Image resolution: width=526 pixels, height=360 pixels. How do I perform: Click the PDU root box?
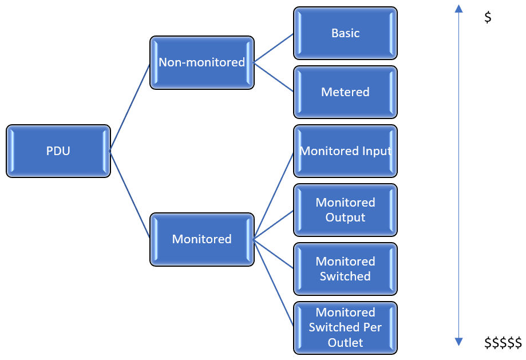[x=58, y=151]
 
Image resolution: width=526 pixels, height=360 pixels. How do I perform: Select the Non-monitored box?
[x=202, y=63]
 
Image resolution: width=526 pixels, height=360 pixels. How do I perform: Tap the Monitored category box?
[x=202, y=239]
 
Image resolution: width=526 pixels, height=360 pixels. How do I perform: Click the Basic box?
[x=346, y=33]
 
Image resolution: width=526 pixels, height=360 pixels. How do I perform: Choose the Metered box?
[x=346, y=92]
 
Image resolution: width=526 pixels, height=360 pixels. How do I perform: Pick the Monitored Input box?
[x=346, y=151]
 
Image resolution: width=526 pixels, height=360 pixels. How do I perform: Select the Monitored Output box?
[x=346, y=210]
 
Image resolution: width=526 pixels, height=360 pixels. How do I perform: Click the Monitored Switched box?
[x=346, y=269]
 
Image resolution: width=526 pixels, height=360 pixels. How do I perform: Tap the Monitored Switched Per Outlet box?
[x=346, y=328]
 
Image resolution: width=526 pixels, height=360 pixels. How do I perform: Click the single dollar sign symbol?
[x=488, y=17]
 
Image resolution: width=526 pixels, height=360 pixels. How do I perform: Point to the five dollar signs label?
[x=503, y=343]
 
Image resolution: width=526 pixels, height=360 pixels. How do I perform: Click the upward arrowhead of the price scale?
[x=458, y=9]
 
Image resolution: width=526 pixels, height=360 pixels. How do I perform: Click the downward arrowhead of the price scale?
[x=458, y=342]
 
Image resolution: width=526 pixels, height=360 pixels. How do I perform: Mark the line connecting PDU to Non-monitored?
[x=130, y=107]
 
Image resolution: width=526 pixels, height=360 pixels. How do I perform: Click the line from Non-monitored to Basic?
[x=274, y=48]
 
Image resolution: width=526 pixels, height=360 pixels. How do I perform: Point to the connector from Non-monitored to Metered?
[x=274, y=77]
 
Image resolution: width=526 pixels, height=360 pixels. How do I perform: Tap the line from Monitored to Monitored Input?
[x=274, y=195]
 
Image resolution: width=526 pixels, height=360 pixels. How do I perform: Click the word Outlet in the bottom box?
[x=346, y=343]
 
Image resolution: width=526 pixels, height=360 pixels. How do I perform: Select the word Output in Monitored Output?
[x=346, y=217]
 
